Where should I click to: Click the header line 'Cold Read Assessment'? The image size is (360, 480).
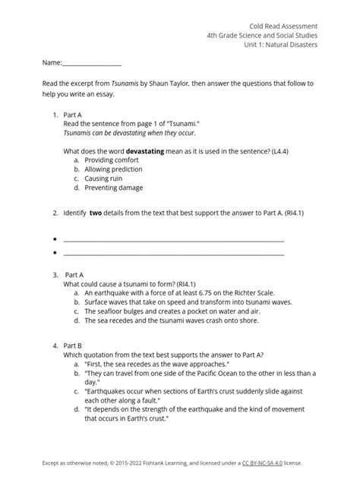pos(283,25)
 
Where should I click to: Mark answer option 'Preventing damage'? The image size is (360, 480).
pos(113,188)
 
